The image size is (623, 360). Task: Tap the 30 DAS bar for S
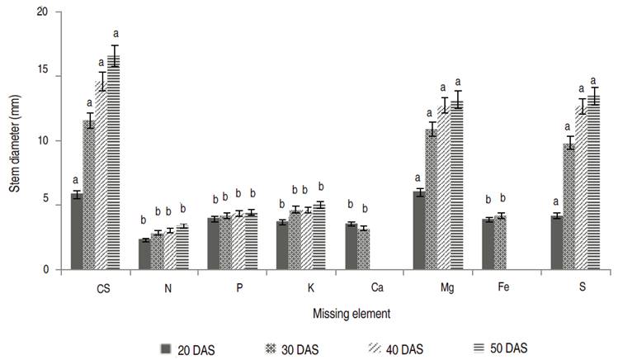click(569, 206)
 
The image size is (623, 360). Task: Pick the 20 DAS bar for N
click(144, 254)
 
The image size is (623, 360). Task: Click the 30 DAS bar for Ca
click(363, 249)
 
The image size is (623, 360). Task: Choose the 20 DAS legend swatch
click(165, 348)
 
